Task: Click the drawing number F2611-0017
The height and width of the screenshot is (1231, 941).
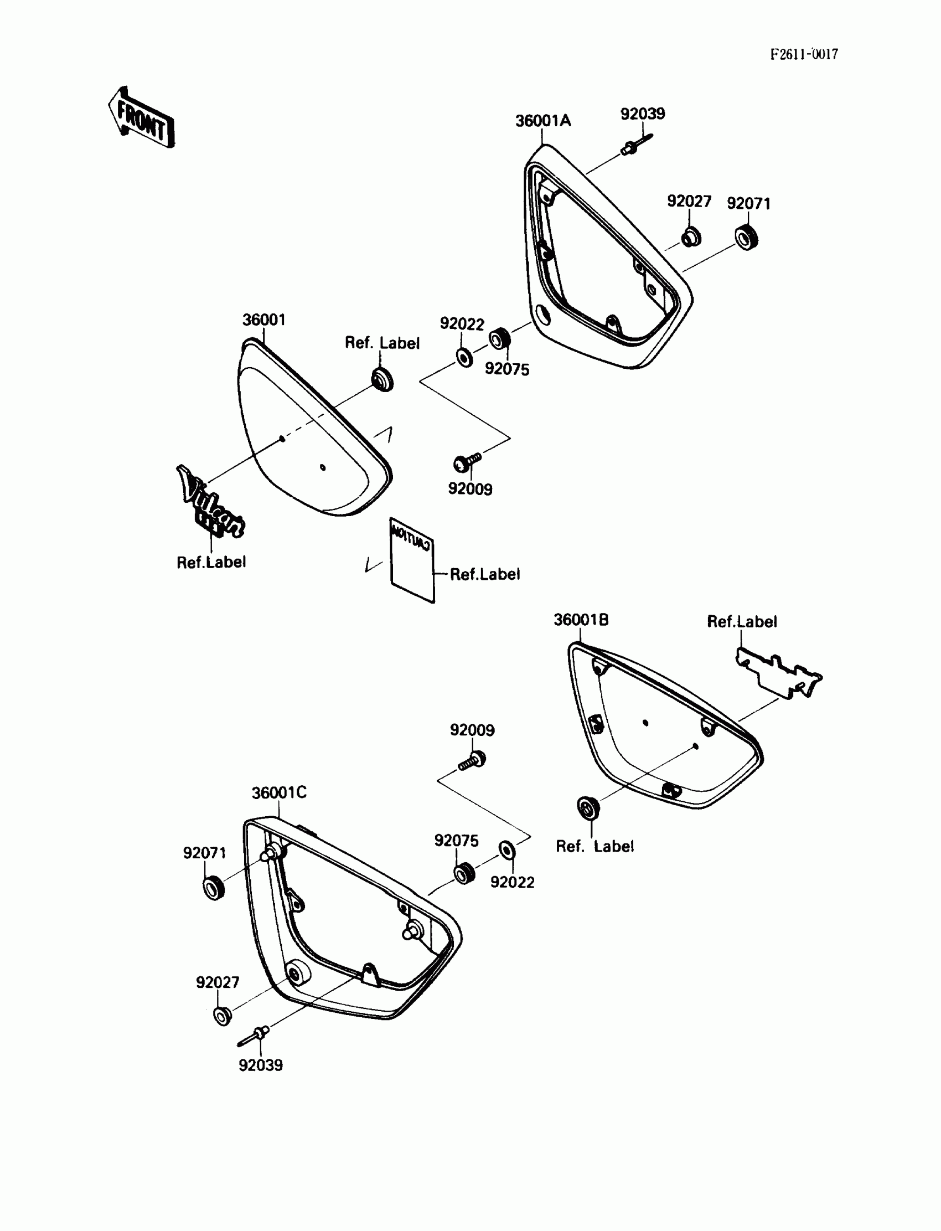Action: click(x=804, y=54)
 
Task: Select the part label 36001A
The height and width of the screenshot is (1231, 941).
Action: click(x=543, y=121)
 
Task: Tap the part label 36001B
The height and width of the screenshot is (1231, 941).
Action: click(x=581, y=620)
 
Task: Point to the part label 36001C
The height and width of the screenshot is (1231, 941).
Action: click(x=279, y=793)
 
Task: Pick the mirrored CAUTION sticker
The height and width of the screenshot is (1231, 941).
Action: click(x=412, y=560)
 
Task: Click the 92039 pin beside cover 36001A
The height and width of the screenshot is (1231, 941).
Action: click(x=637, y=144)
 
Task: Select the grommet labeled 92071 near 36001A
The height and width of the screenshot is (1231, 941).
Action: click(x=747, y=238)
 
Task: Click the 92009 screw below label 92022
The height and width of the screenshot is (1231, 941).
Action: click(x=467, y=462)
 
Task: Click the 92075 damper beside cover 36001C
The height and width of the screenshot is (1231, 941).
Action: click(x=464, y=873)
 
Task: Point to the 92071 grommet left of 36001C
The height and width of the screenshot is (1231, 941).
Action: click(x=214, y=888)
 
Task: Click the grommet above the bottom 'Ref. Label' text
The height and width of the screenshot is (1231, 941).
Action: click(x=588, y=807)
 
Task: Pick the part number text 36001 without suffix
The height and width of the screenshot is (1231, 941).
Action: click(x=264, y=320)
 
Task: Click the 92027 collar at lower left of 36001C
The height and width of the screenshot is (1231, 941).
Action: click(x=223, y=1015)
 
